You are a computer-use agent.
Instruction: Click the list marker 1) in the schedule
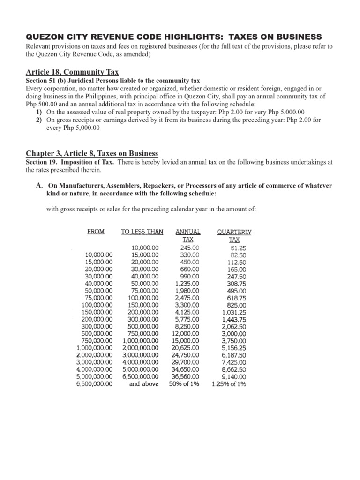[39, 112]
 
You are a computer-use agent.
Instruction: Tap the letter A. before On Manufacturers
[39, 186]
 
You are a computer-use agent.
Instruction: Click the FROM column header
[96, 232]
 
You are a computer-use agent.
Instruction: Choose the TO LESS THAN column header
[142, 232]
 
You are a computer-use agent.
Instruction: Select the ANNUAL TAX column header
[187, 235]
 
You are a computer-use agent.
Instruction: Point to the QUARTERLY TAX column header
[234, 235]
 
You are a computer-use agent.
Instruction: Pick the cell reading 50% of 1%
[184, 384]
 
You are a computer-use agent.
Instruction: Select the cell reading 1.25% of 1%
[229, 384]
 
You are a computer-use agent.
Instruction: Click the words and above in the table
[143, 384]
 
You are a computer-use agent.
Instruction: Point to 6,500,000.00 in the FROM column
[94, 384]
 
